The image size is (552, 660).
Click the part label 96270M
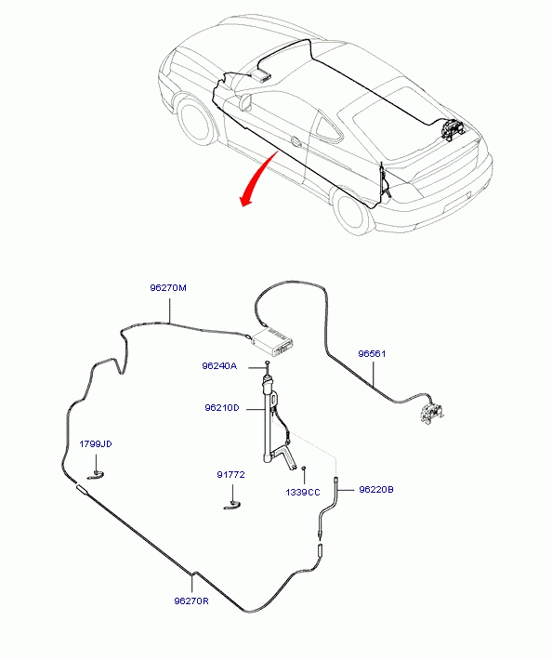168,288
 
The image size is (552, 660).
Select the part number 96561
372,353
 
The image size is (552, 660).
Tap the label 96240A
219,365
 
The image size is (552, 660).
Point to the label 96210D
222,408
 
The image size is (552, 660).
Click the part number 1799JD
96,444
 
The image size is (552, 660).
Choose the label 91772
230,474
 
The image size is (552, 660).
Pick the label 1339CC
303,492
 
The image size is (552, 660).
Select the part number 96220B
376,490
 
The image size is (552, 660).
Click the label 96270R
191,601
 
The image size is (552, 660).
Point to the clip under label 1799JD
96,475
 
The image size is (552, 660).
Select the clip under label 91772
232,505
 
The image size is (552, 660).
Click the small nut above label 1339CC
303,468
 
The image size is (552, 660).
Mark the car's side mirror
245,102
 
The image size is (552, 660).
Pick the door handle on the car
296,141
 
